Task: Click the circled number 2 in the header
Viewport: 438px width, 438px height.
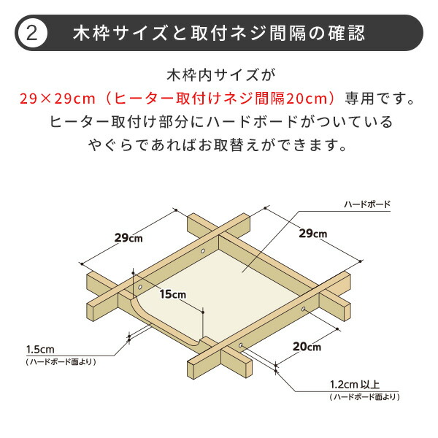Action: click(31, 33)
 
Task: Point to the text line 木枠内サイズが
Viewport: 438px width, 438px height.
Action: click(219, 75)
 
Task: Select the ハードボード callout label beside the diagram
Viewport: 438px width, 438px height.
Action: click(367, 205)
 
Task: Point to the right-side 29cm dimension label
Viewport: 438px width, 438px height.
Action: click(313, 233)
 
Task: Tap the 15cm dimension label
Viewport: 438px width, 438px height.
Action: click(173, 294)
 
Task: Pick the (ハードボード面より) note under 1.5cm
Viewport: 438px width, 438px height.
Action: click(60, 361)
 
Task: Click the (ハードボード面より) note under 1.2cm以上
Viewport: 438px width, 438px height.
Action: click(365, 397)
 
